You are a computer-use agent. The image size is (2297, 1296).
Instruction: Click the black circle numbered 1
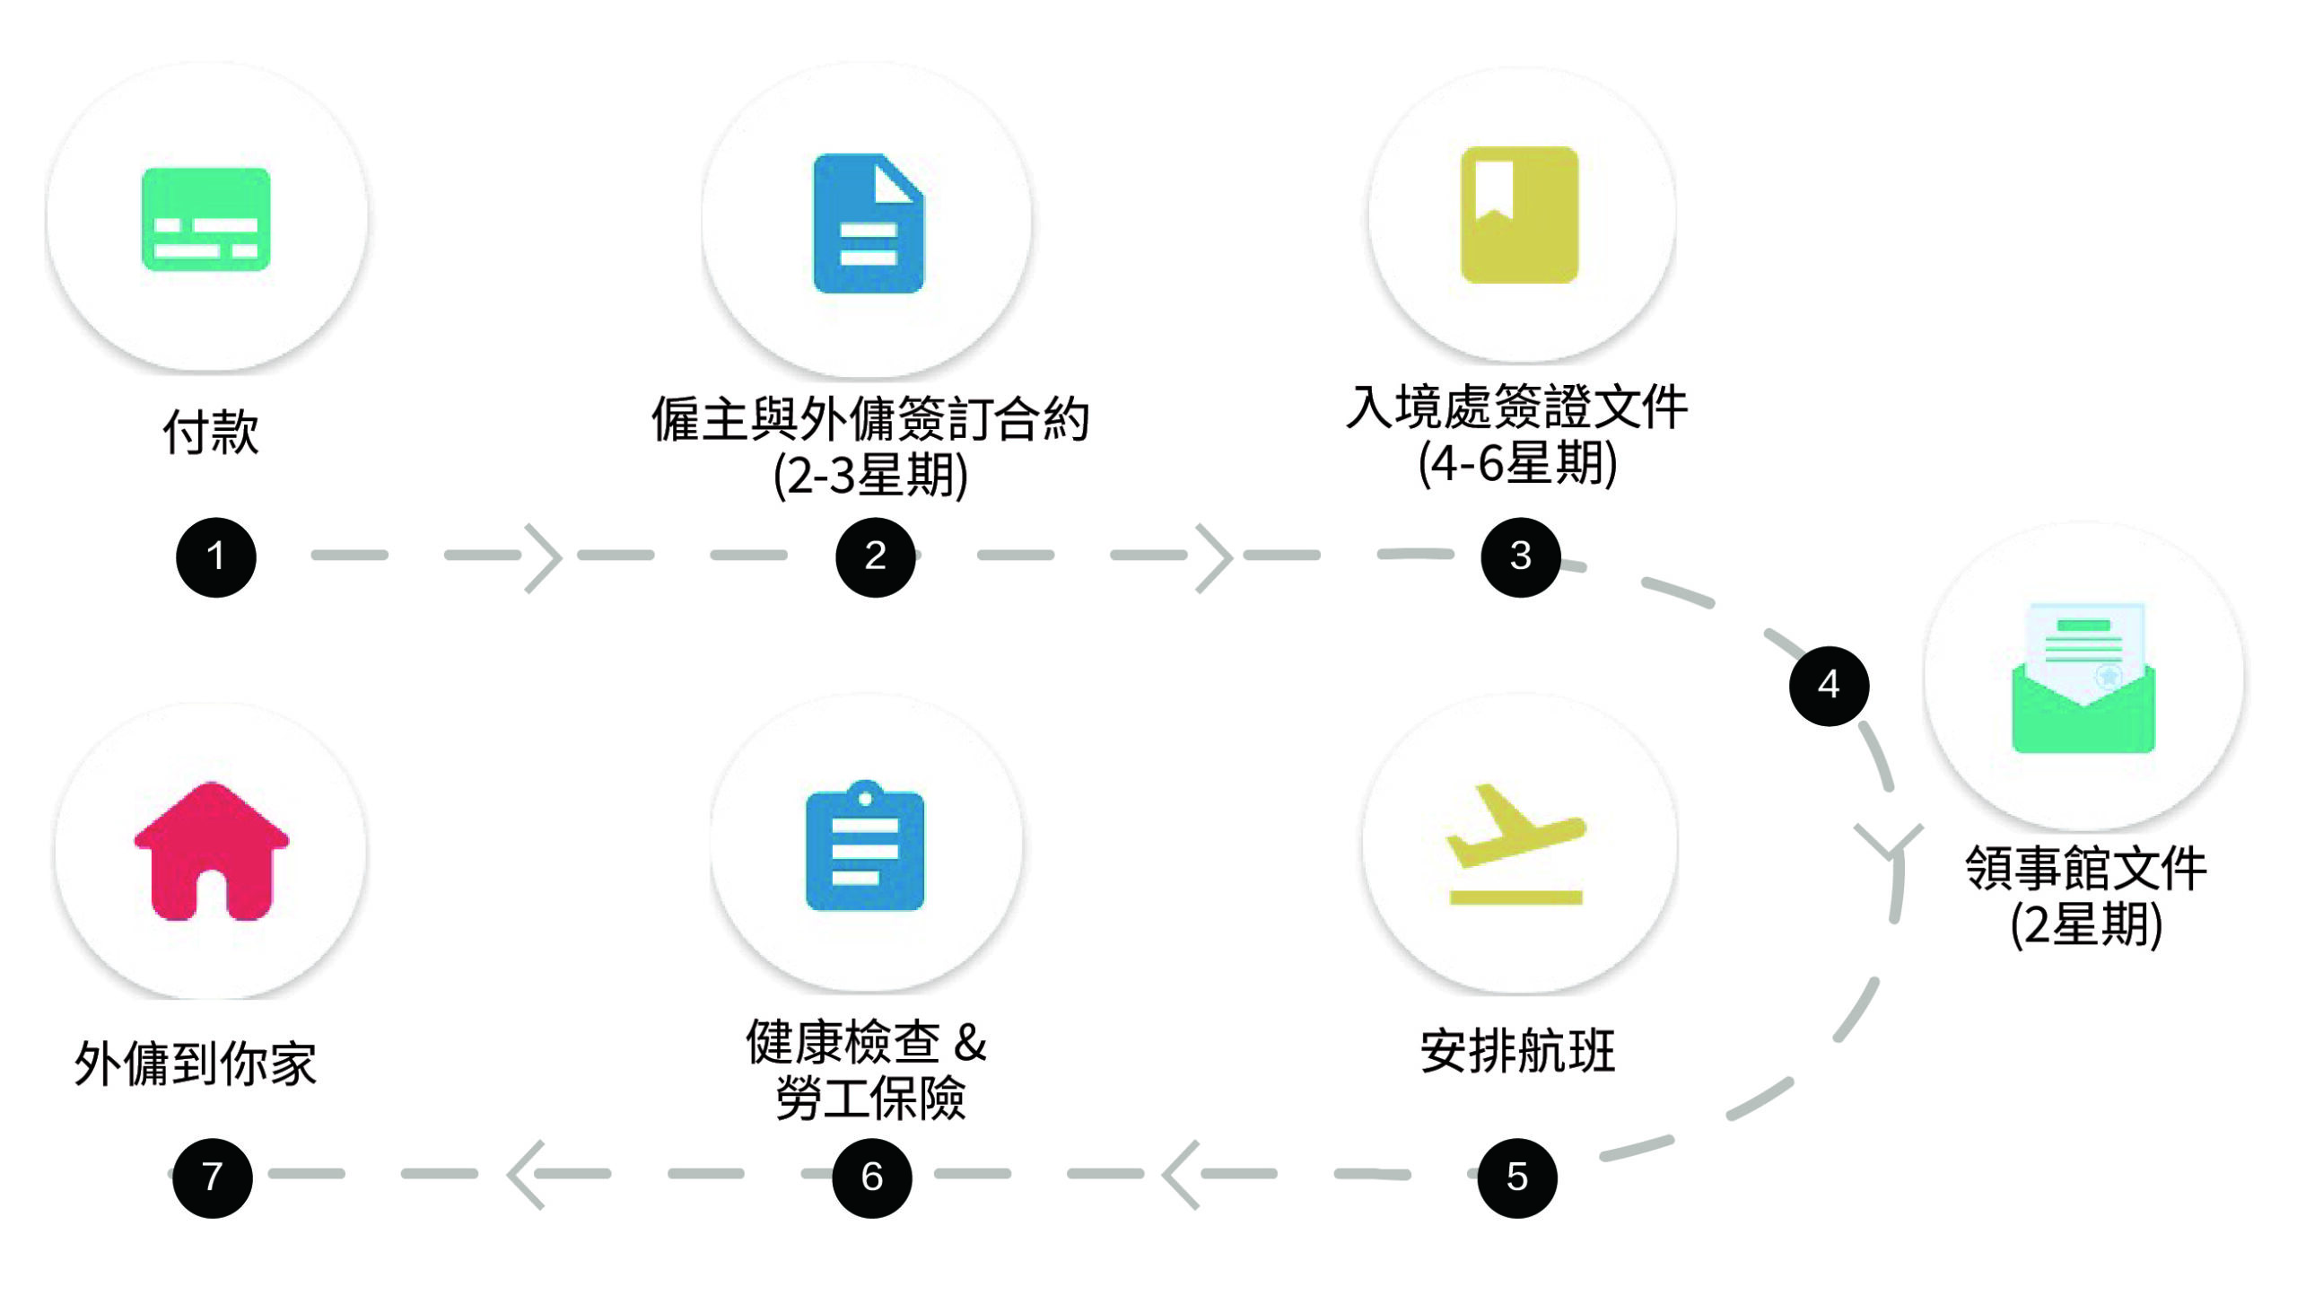pyautogui.click(x=215, y=556)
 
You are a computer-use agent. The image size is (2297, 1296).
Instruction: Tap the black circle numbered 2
pyautogui.click(x=875, y=556)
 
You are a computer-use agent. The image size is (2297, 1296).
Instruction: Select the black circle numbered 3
pyautogui.click(x=1520, y=556)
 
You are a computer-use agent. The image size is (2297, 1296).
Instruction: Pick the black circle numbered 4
pyautogui.click(x=1829, y=686)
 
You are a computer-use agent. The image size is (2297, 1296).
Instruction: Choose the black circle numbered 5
pyautogui.click(x=1516, y=1178)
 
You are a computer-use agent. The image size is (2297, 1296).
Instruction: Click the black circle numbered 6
pyautogui.click(x=871, y=1178)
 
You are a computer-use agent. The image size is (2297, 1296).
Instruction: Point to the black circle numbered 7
pyautogui.click(x=212, y=1178)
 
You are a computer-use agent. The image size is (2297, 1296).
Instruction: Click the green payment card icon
pyautogui.click(x=206, y=219)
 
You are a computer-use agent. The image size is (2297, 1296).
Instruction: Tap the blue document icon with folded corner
pyautogui.click(x=868, y=223)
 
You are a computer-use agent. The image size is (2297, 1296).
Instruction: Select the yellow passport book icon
pyautogui.click(x=1519, y=215)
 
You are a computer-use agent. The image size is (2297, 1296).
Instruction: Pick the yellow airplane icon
pyautogui.click(x=1515, y=844)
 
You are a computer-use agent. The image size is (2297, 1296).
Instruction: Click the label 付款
pyautogui.click(x=211, y=433)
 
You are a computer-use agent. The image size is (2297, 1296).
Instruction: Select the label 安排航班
pyautogui.click(x=1517, y=1051)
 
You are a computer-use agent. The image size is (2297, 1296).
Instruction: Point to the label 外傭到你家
pyautogui.click(x=196, y=1064)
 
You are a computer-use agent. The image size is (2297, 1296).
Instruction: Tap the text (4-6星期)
pyautogui.click(x=1517, y=464)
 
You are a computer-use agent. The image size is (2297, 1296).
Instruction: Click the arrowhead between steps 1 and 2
pyautogui.click(x=544, y=557)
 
